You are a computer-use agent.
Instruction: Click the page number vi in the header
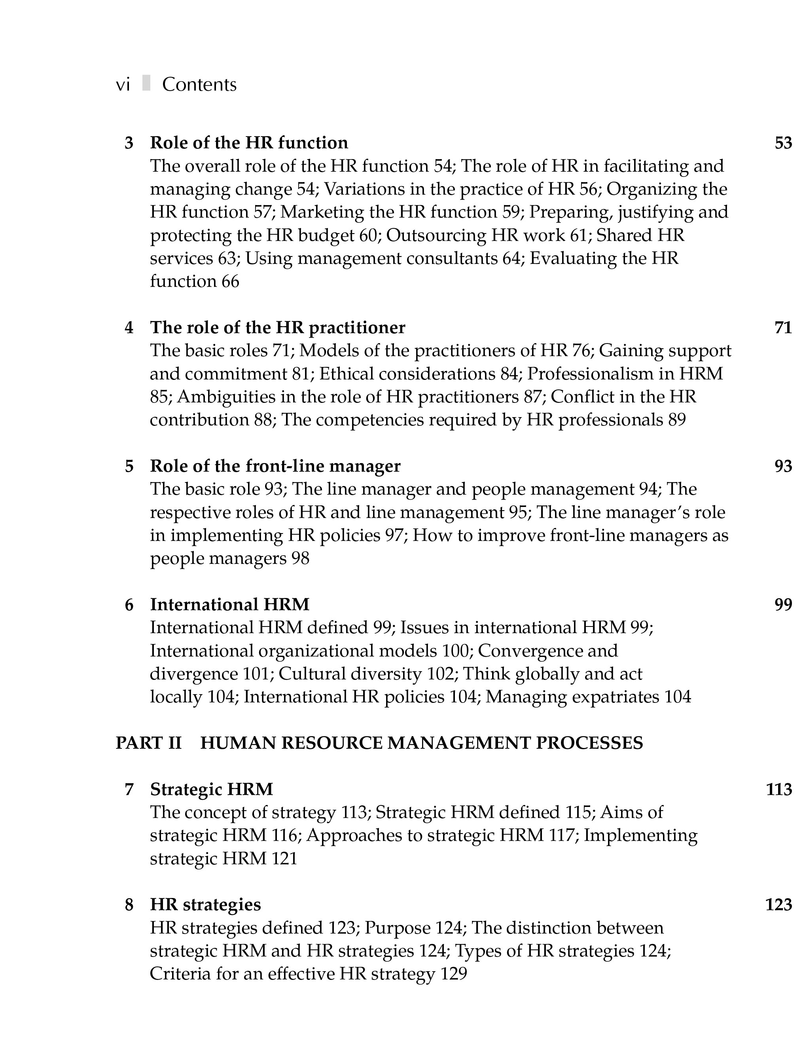(123, 85)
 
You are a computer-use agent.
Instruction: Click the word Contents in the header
(199, 85)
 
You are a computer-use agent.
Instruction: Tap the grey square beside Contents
(146, 84)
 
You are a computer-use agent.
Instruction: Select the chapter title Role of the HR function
(249, 143)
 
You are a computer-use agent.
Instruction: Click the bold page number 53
(783, 143)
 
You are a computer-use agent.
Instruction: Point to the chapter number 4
(129, 328)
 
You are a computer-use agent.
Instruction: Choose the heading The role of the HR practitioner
(278, 328)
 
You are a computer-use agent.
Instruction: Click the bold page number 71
(783, 328)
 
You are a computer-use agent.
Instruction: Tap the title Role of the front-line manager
(275, 466)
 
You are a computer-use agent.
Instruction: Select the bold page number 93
(783, 466)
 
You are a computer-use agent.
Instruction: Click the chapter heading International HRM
(230, 604)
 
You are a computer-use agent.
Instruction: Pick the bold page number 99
(783, 604)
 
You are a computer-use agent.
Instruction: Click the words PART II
(148, 743)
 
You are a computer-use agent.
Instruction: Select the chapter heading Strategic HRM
(212, 789)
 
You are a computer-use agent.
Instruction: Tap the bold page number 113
(778, 789)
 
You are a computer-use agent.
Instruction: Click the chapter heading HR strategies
(205, 905)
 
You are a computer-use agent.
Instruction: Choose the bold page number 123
(778, 905)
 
